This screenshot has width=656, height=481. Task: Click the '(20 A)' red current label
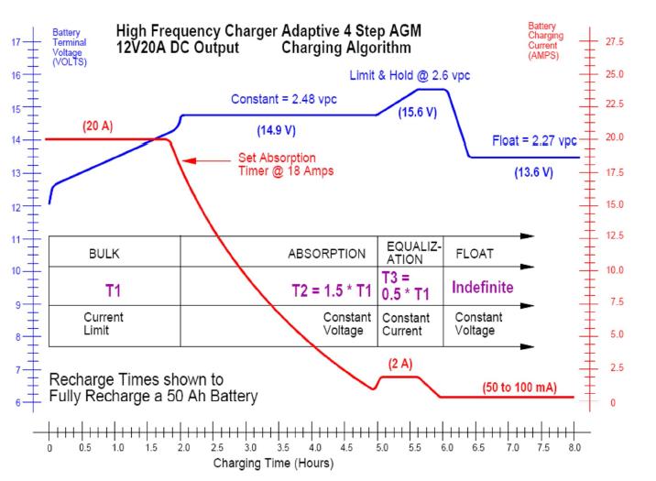(x=97, y=125)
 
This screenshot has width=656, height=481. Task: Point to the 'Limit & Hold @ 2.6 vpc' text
(x=409, y=74)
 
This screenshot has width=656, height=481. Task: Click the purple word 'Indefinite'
(x=482, y=288)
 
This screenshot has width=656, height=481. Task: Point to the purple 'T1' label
(x=113, y=291)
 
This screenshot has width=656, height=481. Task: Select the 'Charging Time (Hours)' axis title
(x=274, y=463)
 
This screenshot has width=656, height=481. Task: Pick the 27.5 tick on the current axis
(x=615, y=42)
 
